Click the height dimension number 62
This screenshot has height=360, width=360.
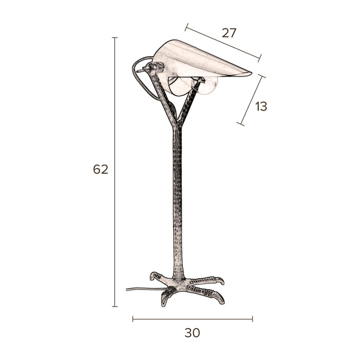[101, 169]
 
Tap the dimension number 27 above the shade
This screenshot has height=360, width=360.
[229, 33]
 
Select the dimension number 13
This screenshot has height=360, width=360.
[261, 107]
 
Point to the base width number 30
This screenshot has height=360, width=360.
[192, 333]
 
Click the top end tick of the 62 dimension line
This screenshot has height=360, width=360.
[115, 38]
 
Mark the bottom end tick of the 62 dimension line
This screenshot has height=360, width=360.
[115, 307]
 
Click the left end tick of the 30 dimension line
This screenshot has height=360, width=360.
[133, 319]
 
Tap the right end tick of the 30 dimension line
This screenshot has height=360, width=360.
[253, 319]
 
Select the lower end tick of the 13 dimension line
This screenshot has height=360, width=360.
[240, 123]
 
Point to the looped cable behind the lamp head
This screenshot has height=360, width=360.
[138, 80]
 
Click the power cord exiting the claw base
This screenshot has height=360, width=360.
[136, 290]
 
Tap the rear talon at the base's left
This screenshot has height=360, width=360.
[153, 276]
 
